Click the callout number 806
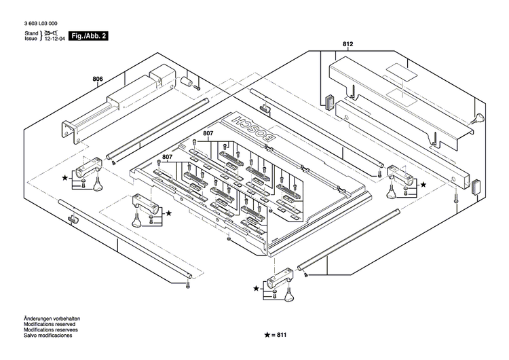click(97, 79)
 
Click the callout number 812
click(348, 45)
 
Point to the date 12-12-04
click(56, 40)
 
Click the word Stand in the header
click(31, 33)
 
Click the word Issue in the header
click(31, 39)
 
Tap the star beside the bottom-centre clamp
click(257, 289)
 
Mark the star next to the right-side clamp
click(423, 184)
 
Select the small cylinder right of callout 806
click(184, 82)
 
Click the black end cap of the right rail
click(475, 183)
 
